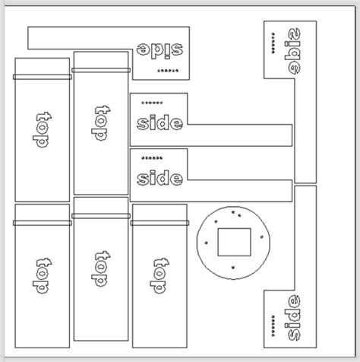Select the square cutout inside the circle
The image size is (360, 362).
pos(233,242)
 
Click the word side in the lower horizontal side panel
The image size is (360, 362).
pos(159,179)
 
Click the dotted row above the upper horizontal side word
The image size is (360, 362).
pos(152,103)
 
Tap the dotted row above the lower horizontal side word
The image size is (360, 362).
pos(152,158)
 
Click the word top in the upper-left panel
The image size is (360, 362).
pos(43,131)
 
